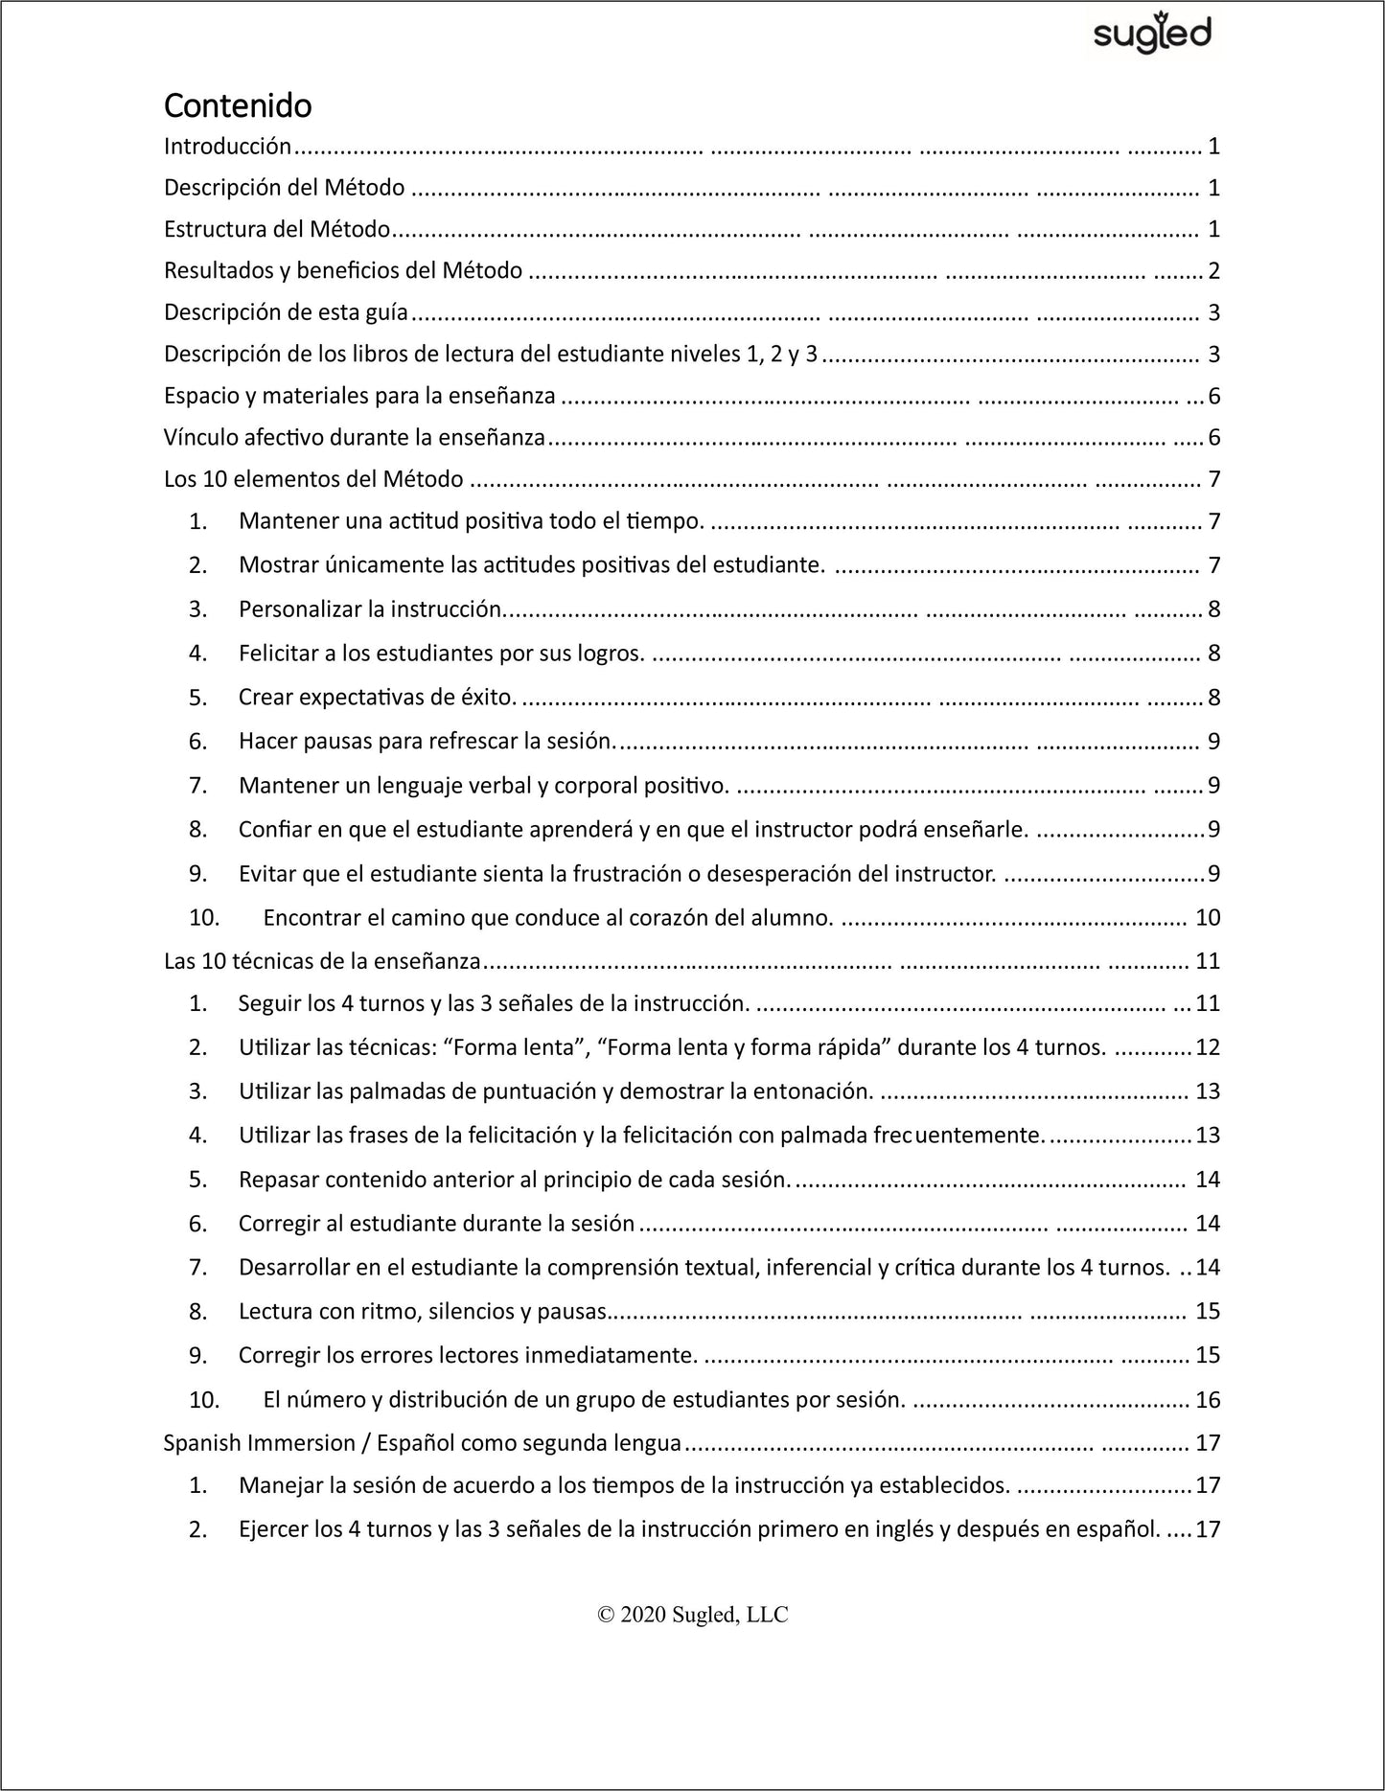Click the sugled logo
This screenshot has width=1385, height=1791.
tap(1152, 34)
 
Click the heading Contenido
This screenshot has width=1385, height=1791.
tap(238, 104)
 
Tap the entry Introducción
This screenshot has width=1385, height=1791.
tap(227, 147)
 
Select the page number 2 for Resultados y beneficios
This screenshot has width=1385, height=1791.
tap(1213, 271)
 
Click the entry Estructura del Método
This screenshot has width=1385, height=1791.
tap(277, 229)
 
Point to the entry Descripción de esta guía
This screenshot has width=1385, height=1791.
tap(286, 312)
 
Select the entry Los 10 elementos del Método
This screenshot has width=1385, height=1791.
tap(313, 479)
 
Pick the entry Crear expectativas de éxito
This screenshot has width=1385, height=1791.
tap(378, 698)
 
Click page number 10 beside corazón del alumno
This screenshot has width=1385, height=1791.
tap(1208, 918)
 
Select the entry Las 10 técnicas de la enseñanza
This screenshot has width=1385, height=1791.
tap(322, 961)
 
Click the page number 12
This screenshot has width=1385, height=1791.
tap(1208, 1047)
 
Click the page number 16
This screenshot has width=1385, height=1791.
tap(1208, 1400)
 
